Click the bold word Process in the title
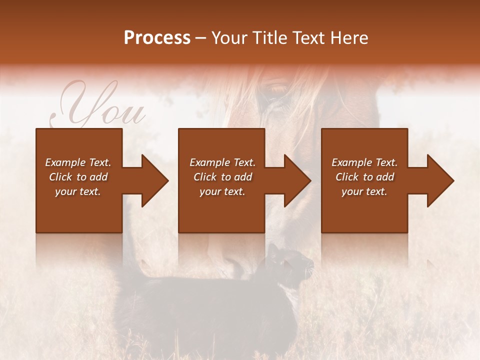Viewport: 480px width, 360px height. (157, 38)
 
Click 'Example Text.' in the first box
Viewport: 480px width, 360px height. (78, 162)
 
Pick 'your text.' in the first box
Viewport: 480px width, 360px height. (78, 191)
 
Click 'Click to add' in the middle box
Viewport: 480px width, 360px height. (222, 177)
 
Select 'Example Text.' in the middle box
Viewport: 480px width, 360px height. (222, 162)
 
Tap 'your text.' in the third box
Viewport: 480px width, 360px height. (364, 191)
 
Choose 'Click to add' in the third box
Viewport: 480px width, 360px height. (364, 177)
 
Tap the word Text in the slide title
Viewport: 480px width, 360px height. (308, 38)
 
